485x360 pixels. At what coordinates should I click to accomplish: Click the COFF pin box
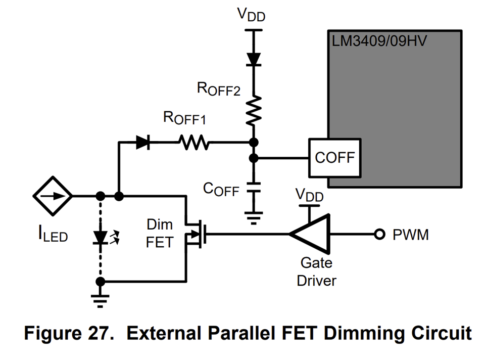(334, 158)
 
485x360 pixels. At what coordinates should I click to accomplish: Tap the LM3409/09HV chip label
(379, 40)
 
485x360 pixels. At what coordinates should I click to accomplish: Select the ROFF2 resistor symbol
(254, 111)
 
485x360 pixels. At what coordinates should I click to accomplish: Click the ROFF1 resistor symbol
(193, 143)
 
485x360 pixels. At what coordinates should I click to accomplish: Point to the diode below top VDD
(254, 58)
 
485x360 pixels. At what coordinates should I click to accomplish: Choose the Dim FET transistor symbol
(195, 234)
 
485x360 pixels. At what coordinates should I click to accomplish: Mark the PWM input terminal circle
(378, 234)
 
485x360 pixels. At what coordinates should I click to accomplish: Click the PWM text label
(410, 235)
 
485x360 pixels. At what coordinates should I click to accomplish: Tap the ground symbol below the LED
(101, 301)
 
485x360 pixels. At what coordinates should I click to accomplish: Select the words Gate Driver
(316, 271)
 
